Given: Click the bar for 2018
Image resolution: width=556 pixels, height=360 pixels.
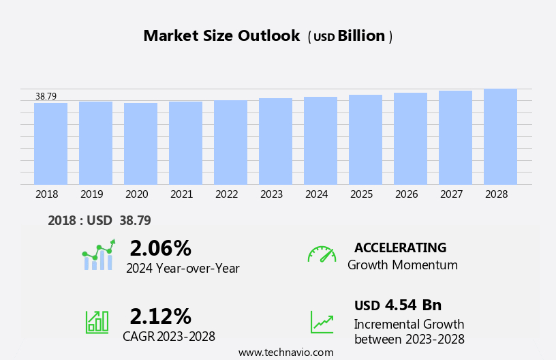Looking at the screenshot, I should click(50, 143).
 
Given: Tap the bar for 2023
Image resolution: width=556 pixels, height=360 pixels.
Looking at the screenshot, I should click(275, 141).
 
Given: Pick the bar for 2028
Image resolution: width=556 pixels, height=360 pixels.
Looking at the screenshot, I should click(500, 136).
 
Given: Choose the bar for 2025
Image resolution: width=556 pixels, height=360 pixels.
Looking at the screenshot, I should click(365, 139).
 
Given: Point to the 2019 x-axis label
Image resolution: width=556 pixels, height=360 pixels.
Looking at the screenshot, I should click(92, 194).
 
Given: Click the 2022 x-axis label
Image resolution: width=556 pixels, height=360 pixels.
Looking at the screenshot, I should click(227, 194).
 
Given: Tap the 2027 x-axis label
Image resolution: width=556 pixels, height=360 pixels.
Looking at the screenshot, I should click(452, 194).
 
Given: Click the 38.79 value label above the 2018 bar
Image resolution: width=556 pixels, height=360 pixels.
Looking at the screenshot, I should click(46, 97).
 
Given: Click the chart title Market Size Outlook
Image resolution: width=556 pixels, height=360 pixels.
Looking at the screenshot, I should click(221, 36).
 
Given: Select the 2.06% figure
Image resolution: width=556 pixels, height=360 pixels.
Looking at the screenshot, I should click(160, 248).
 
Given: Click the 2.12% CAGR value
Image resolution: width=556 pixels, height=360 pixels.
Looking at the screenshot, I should click(160, 316).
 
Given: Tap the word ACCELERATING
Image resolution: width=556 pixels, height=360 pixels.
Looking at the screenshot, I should click(400, 247).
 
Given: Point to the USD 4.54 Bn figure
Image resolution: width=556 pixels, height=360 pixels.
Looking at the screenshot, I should click(398, 305).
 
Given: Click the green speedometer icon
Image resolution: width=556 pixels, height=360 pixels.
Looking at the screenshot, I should click(322, 254).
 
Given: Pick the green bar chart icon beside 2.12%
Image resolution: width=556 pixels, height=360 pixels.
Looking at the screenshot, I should click(97, 321).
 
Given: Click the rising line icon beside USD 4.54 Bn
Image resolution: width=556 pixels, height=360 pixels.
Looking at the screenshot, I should click(322, 322).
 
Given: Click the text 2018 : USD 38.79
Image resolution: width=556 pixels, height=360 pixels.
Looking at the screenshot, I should click(99, 220).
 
